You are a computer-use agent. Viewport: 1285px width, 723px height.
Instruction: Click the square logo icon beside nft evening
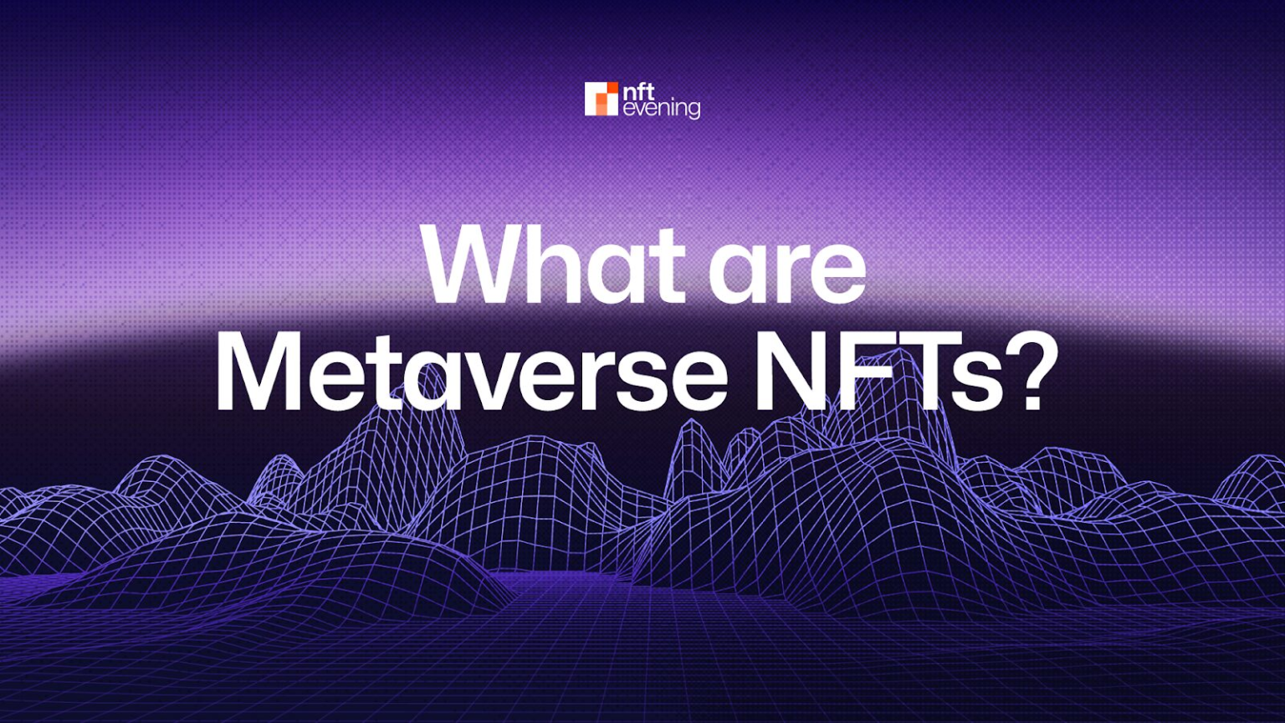(x=601, y=99)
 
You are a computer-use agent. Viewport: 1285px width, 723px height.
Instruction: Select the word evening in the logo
(x=662, y=108)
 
